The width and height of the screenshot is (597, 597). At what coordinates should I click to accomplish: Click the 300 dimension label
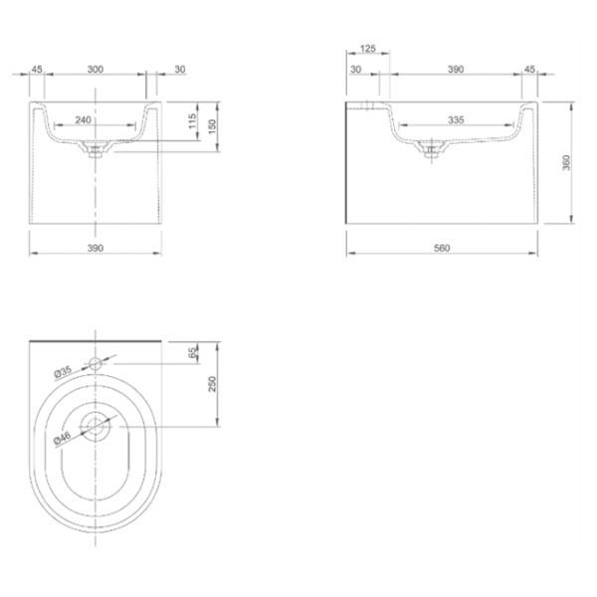(x=96, y=70)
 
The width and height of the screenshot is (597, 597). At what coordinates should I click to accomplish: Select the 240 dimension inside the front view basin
(x=83, y=120)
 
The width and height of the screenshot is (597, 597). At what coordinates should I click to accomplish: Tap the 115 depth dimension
(x=193, y=121)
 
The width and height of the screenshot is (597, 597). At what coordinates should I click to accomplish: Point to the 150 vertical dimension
(x=213, y=126)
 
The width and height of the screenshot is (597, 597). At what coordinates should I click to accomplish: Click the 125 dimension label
(x=368, y=49)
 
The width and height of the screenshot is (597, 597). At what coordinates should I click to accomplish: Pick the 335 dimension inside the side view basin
(x=456, y=120)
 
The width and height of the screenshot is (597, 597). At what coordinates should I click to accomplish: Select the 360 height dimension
(x=566, y=162)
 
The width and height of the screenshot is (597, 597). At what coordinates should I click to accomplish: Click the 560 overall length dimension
(x=442, y=248)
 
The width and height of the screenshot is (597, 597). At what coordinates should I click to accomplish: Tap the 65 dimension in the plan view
(x=193, y=352)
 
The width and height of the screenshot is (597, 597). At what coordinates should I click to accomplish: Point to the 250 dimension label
(x=213, y=384)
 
